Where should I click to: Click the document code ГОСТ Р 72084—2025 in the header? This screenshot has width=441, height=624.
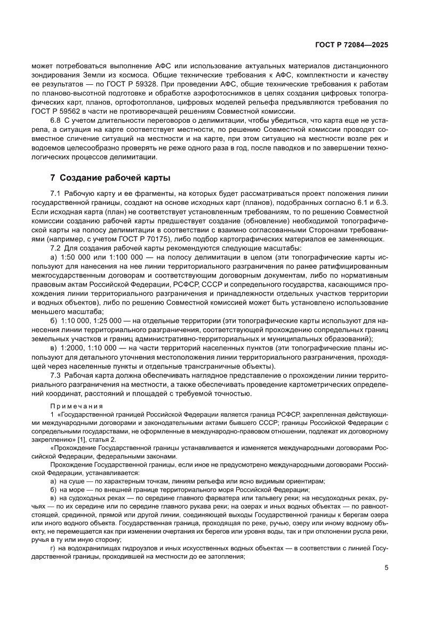click(x=351, y=45)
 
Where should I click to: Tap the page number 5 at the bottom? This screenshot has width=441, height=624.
click(x=386, y=583)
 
